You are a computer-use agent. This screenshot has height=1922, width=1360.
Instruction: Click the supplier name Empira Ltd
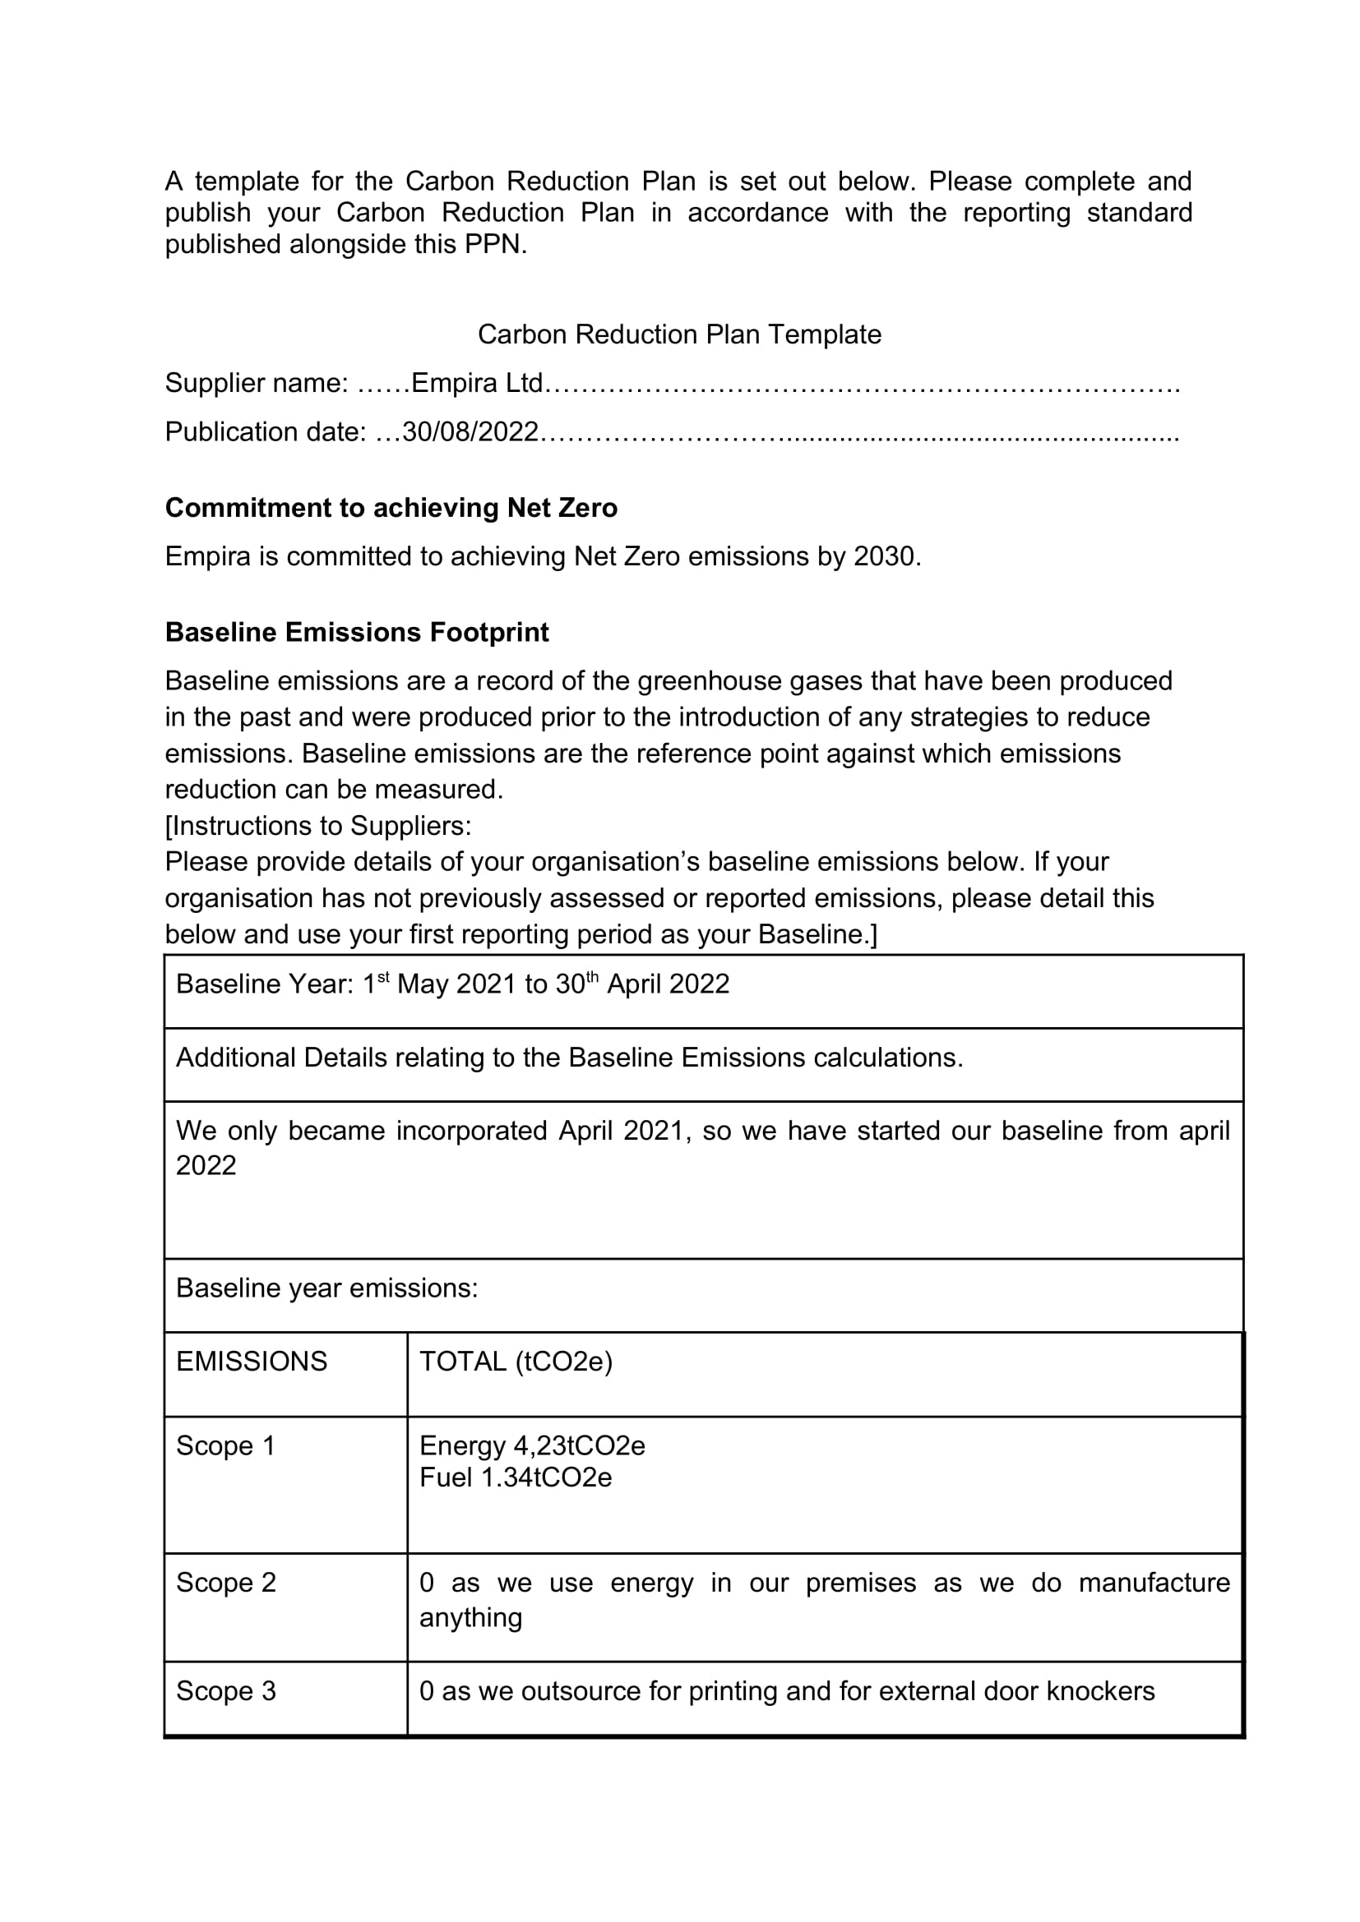478,384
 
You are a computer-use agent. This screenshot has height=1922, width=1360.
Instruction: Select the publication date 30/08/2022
470,432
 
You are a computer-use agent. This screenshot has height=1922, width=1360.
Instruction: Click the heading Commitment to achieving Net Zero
391,508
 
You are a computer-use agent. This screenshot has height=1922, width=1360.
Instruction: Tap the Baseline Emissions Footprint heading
357,632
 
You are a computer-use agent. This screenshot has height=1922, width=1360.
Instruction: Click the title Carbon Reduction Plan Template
679,334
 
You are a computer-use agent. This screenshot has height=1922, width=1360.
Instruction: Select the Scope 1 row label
225,1446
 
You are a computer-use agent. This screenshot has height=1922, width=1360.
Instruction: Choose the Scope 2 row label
225,1583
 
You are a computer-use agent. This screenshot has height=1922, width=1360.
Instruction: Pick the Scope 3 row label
225,1691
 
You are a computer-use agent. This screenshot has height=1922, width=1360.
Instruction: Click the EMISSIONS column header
252,1362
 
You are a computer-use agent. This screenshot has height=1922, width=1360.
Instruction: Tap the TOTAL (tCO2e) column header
516,1362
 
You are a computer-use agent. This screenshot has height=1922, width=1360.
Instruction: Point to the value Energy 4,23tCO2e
532,1446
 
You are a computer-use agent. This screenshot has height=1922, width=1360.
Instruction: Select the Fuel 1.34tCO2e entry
515,1477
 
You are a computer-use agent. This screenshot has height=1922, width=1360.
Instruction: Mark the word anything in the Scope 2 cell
470,1617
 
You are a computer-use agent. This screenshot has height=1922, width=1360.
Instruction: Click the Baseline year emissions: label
326,1288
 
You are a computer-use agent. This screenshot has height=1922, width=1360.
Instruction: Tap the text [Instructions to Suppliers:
318,826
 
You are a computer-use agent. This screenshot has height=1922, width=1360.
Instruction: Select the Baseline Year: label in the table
265,984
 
